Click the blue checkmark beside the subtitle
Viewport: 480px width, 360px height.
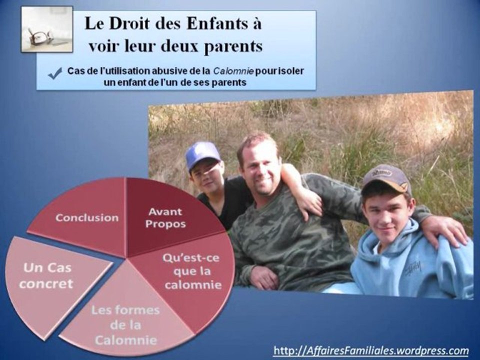[x=55, y=74]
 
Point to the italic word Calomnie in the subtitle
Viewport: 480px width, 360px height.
[x=233, y=71]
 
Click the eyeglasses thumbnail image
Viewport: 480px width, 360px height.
[x=47, y=29]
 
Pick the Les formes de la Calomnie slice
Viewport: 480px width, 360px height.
[x=125, y=321]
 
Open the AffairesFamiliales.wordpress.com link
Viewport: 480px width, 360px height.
[x=371, y=350]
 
